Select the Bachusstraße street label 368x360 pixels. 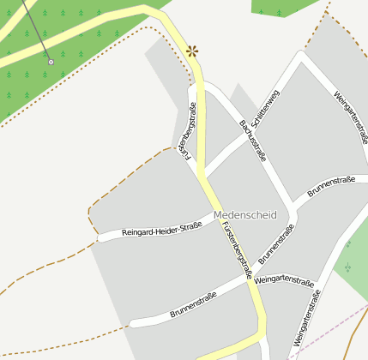(x=253, y=141)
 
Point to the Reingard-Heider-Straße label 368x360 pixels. (x=161, y=230)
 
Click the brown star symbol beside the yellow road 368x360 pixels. (x=192, y=51)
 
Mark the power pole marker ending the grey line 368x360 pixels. (x=51, y=62)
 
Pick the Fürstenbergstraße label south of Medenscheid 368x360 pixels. (x=236, y=249)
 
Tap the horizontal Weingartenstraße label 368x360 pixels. (x=284, y=280)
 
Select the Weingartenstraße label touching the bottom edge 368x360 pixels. (x=306, y=319)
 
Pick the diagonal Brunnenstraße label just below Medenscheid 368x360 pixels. (x=276, y=243)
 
